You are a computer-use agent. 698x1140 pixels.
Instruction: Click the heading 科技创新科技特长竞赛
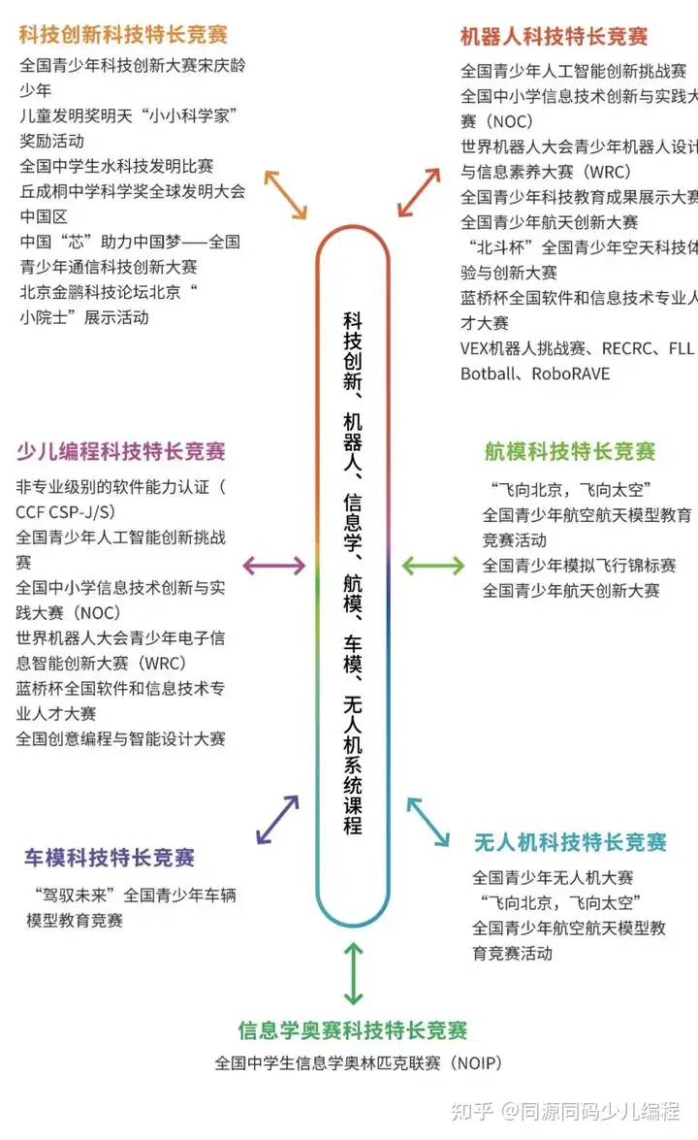123,35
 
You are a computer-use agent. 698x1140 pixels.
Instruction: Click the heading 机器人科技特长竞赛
554,37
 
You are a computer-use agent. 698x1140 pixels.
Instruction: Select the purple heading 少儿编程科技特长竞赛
121,451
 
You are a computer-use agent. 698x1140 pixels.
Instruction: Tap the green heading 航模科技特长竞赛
570,451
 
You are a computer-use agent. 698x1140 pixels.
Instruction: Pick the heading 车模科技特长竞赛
110,857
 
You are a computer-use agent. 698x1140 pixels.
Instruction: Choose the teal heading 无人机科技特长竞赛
570,841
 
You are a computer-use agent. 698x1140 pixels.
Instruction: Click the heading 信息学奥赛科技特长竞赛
353,1029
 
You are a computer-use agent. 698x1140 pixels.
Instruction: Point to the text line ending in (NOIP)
358,1063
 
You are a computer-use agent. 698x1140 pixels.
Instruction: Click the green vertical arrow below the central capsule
354,973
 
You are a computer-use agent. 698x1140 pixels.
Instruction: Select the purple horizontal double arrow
273,566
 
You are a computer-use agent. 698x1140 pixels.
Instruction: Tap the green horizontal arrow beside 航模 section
433,566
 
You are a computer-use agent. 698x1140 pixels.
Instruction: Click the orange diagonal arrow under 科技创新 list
286,194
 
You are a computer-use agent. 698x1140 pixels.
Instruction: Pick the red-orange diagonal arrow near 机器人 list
419,191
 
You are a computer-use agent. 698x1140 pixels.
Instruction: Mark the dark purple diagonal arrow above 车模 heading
277,819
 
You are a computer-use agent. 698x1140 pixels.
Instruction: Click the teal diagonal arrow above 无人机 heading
428,822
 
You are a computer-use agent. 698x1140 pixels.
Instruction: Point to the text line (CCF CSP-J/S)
64,511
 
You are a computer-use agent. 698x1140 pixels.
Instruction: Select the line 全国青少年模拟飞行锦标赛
579,565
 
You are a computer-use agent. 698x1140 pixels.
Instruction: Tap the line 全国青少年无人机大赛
553,877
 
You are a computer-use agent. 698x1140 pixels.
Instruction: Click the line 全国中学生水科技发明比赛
116,166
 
